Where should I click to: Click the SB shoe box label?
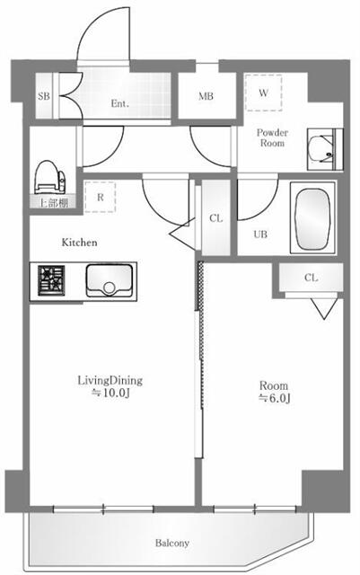[43, 96]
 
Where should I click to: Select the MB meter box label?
[206, 97]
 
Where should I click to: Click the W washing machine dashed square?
[264, 92]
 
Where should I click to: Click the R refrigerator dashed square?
[101, 197]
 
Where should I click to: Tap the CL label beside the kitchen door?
[216, 217]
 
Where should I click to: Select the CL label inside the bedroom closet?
[311, 278]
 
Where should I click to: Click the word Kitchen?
[79, 243]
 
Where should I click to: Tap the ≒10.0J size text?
[109, 394]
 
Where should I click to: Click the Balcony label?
[171, 544]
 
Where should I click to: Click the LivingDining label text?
[109, 380]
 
